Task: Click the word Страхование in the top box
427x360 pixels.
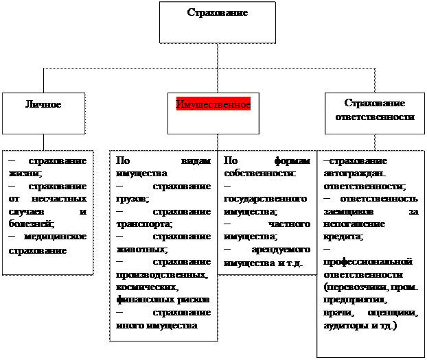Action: pyautogui.click(x=217, y=13)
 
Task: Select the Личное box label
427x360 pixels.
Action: pyautogui.click(x=43, y=104)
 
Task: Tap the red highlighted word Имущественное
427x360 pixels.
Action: pyautogui.click(x=213, y=104)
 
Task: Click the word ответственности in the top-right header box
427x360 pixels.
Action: pyautogui.click(x=374, y=117)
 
